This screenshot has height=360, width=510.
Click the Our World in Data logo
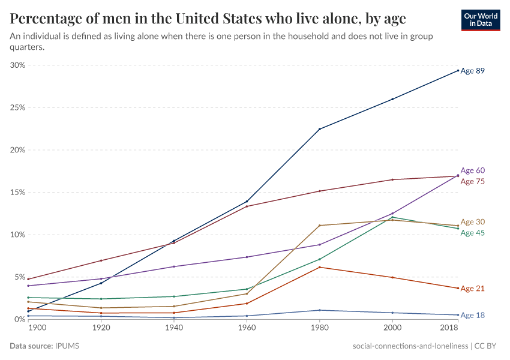(480, 20)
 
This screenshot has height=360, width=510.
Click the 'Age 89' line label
(472, 71)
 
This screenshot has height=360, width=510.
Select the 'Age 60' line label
(472, 170)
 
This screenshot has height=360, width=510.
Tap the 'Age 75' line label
(472, 181)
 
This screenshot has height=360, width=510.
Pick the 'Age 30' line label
(472, 222)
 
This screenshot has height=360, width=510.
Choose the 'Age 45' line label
(472, 233)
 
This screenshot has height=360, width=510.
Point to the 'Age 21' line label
(472, 289)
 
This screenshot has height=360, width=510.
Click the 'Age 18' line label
(472, 315)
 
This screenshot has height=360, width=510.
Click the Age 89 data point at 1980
(320, 129)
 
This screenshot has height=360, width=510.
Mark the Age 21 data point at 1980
(320, 267)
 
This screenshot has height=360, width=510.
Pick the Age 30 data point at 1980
(320, 226)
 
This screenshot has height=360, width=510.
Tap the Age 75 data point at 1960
(247, 206)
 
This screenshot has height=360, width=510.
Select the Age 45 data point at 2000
(392, 217)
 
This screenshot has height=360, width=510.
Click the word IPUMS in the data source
(68, 346)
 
